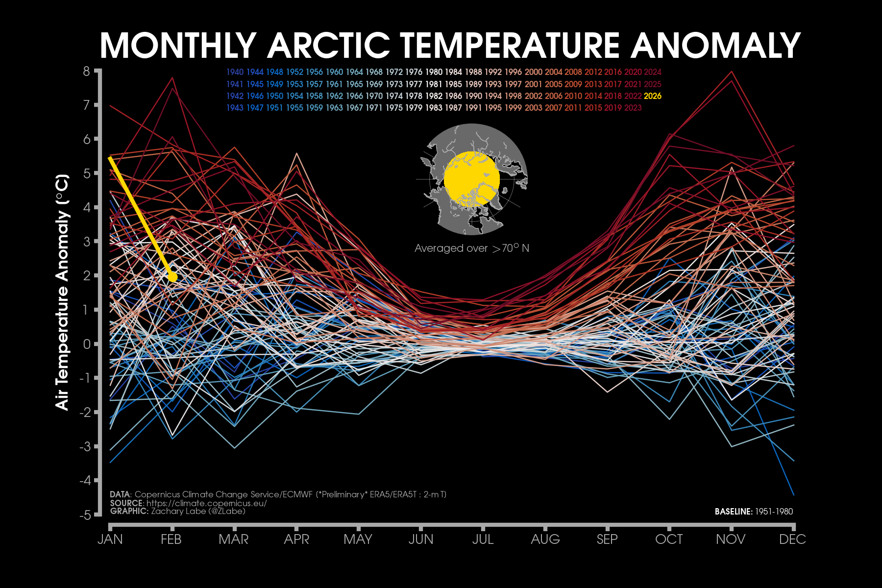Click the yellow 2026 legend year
click(652, 96)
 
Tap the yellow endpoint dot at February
click(172, 277)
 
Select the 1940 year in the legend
click(235, 72)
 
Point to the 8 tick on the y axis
click(87, 72)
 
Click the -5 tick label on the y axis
click(85, 515)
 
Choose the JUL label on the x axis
click(483, 539)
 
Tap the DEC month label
click(792, 539)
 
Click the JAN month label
click(110, 539)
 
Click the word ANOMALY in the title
click(715, 46)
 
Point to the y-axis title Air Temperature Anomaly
click(62, 292)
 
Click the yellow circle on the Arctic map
click(471, 179)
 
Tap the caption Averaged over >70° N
click(471, 248)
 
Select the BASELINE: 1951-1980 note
click(754, 512)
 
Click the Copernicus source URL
click(206, 503)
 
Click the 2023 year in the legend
click(633, 108)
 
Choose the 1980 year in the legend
click(434, 72)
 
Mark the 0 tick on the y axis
click(87, 344)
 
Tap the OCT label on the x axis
click(669, 539)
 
